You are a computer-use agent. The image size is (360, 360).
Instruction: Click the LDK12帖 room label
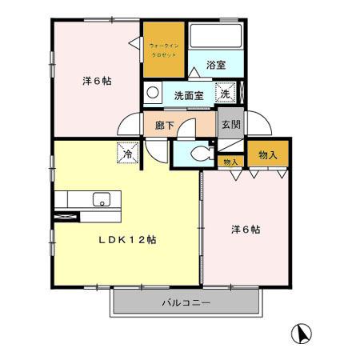pos(127,240)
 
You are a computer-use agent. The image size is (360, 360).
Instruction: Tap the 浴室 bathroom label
pos(213,66)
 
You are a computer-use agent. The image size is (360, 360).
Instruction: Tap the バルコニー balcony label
pos(186,303)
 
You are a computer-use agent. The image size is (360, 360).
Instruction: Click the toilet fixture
pos(200,152)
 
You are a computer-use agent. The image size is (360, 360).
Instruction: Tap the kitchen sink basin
pos(101,199)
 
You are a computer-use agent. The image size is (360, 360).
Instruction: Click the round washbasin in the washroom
pos(152,90)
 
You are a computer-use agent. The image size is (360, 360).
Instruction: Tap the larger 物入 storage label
pos(268,154)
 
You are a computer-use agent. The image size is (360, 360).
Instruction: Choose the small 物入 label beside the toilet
pos(230,162)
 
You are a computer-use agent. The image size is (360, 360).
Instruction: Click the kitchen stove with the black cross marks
pos(66,215)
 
